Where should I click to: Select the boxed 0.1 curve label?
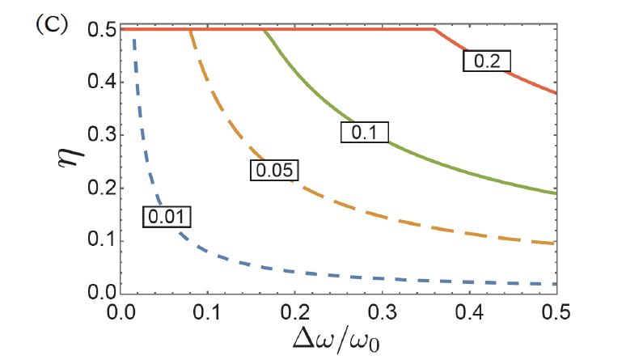click(365, 131)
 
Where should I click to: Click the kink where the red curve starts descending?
click(434, 30)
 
